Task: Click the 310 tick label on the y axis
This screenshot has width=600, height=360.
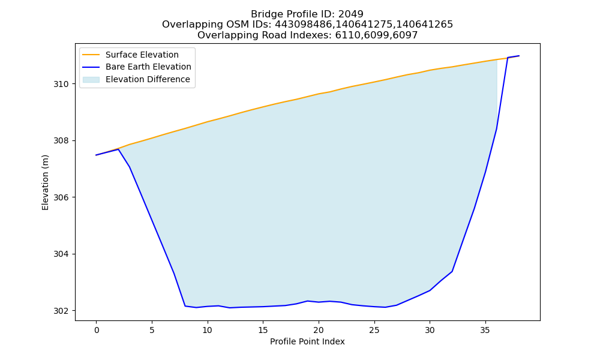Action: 61,84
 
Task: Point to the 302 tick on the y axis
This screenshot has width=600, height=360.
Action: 61,311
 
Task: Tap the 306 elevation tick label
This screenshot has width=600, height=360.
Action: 61,197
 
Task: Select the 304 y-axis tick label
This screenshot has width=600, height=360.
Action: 61,254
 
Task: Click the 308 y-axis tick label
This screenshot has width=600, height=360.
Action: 61,141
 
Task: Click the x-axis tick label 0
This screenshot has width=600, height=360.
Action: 97,330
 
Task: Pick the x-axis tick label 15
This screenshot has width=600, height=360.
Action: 263,330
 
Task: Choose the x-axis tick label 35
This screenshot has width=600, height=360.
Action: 485,330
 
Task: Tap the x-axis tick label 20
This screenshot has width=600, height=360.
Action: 319,330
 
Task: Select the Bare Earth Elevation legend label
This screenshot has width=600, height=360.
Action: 148,67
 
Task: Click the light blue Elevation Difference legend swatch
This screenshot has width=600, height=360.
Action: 91,80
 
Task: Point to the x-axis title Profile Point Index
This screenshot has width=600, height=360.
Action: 307,341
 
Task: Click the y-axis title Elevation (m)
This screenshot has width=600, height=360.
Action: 45,182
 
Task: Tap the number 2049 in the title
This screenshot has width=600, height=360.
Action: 351,14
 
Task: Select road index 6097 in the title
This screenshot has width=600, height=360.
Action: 405,35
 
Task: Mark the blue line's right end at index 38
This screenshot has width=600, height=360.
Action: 519,56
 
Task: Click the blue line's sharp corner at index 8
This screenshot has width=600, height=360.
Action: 185,306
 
